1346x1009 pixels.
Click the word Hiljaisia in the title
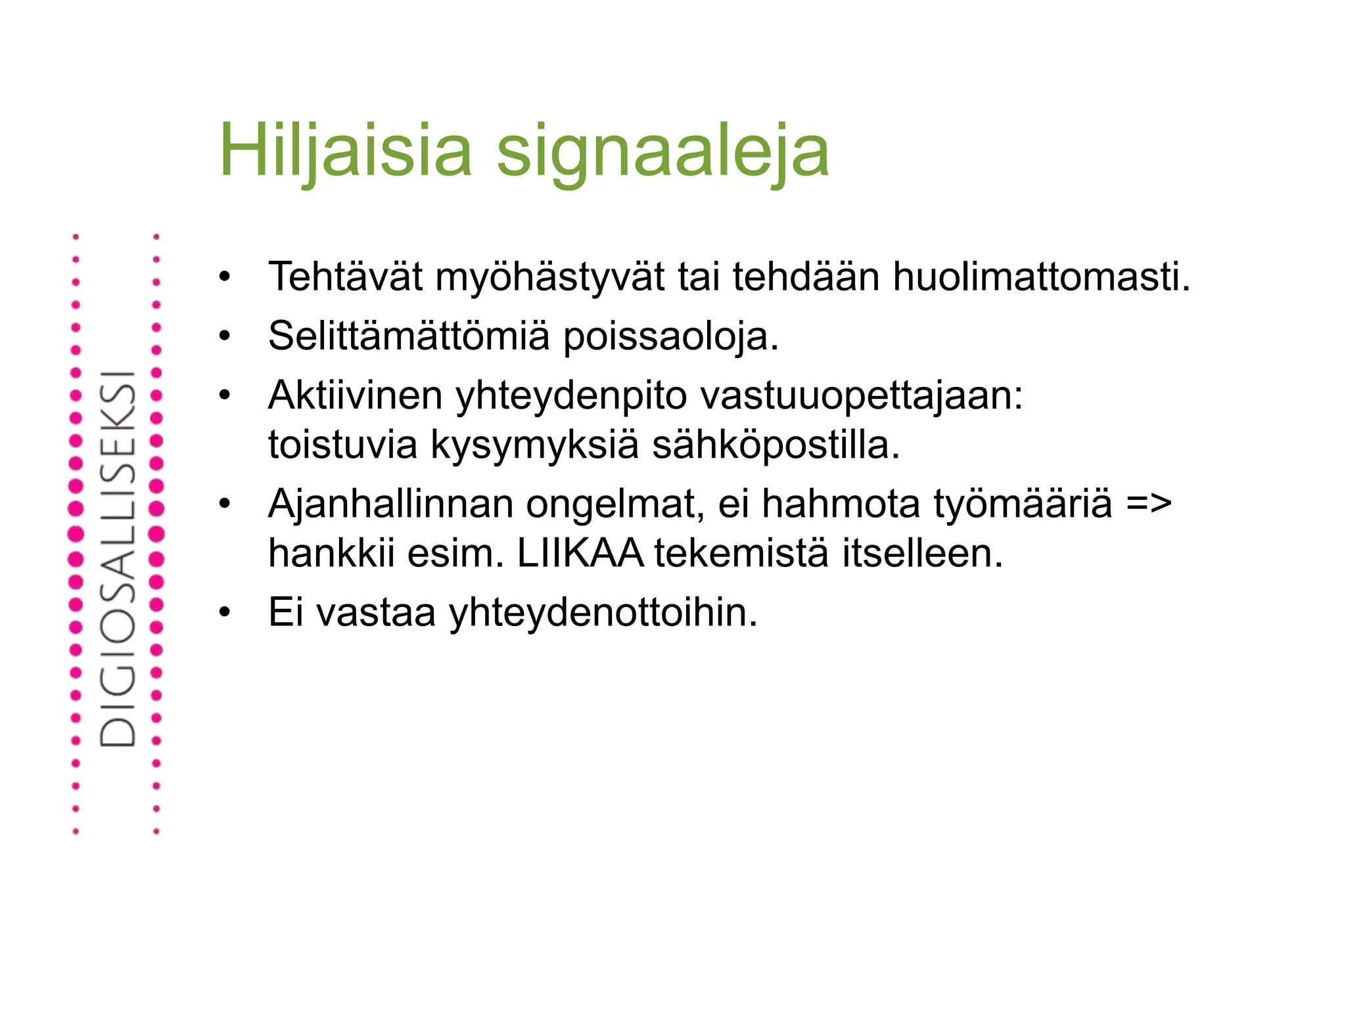point(346,150)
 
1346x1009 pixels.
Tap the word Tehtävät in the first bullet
point(345,277)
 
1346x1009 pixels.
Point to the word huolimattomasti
point(1041,277)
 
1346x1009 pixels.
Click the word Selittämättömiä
point(408,336)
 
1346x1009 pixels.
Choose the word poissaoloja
point(671,337)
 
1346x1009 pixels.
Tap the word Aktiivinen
point(355,395)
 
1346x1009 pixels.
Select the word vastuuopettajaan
point(861,396)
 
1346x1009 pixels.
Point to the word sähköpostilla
point(776,445)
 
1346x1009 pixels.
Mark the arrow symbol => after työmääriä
point(1149,504)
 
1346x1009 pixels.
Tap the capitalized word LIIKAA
point(580,553)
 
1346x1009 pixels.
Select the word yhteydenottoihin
point(603,614)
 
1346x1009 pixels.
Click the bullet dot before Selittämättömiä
point(225,336)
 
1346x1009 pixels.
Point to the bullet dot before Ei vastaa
point(225,612)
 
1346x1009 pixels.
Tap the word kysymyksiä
point(534,445)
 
